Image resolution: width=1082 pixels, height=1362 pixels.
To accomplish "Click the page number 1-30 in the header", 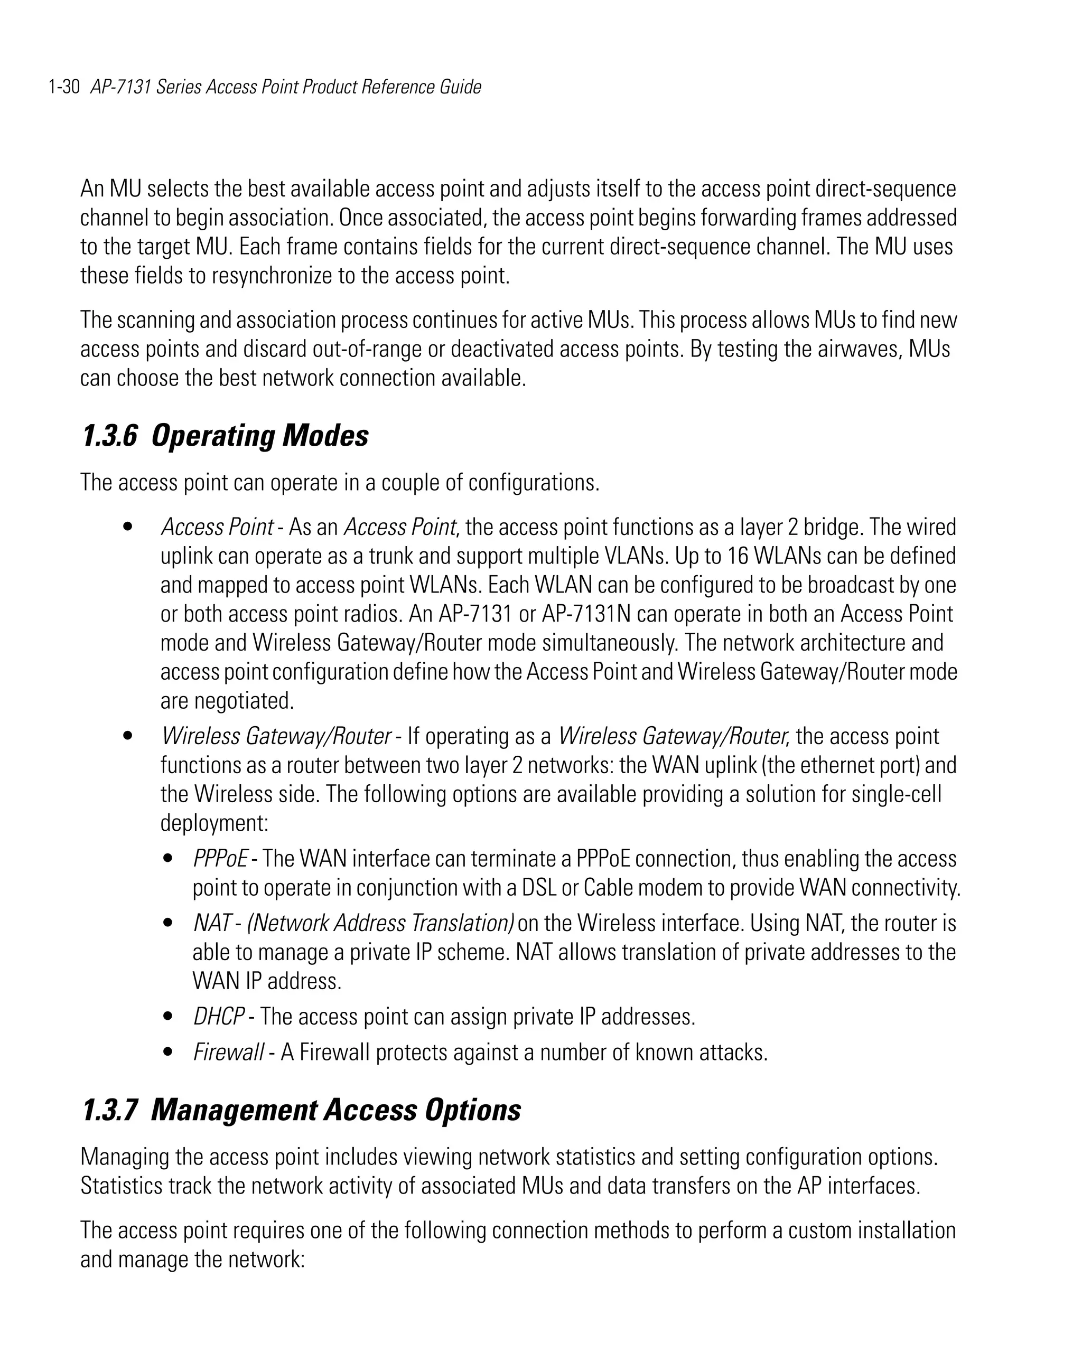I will (x=63, y=87).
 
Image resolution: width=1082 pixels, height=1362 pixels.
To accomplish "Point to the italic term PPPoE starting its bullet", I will (x=220, y=859).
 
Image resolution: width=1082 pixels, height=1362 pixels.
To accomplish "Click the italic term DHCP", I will (x=218, y=1017).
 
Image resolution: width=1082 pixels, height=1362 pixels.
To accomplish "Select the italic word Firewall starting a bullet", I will (x=228, y=1052).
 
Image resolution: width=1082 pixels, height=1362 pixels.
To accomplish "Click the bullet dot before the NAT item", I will (x=167, y=923).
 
